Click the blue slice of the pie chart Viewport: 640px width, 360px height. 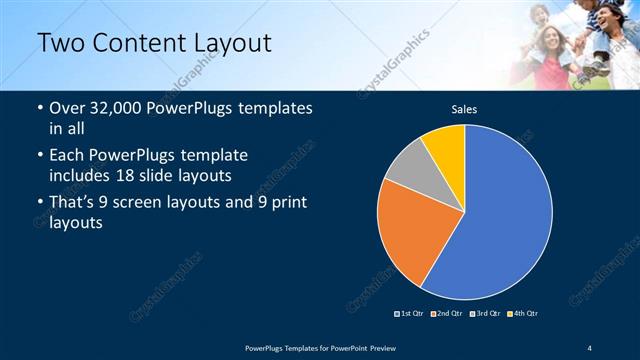click(500, 210)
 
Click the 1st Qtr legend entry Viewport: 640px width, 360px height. click(410, 313)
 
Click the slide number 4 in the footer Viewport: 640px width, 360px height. click(589, 346)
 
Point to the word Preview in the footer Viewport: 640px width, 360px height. click(376, 346)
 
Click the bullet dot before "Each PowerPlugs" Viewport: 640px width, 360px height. click(38, 157)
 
